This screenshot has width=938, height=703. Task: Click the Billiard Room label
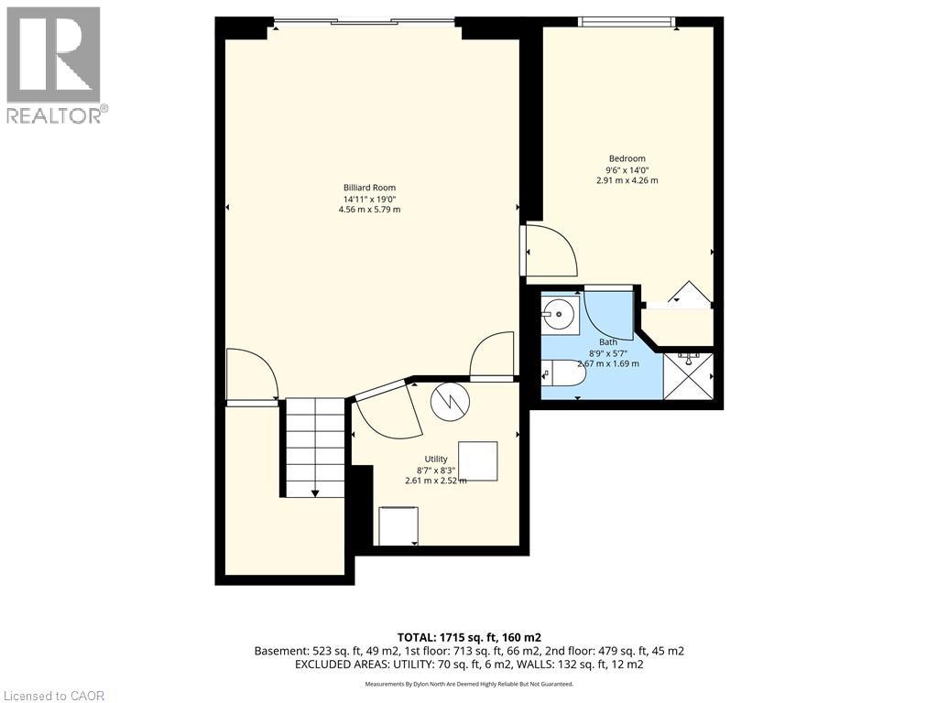pyautogui.click(x=369, y=188)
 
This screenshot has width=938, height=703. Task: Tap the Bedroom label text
pyautogui.click(x=627, y=158)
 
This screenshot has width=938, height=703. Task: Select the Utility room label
pyautogui.click(x=435, y=460)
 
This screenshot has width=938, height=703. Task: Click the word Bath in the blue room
pyautogui.click(x=608, y=342)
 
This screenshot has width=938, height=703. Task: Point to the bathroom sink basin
pyautogui.click(x=560, y=313)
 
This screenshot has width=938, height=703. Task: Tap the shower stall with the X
pyautogui.click(x=689, y=376)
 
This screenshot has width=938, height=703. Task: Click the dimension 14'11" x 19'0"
pyautogui.click(x=369, y=199)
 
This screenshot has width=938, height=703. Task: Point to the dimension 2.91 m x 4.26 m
pyautogui.click(x=627, y=180)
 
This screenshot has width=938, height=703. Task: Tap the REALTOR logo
pyautogui.click(x=57, y=65)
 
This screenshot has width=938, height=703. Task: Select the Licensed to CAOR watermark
pyautogui.click(x=52, y=696)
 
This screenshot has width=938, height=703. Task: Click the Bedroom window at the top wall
pyautogui.click(x=627, y=22)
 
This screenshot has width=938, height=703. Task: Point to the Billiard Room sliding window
pyautogui.click(x=365, y=22)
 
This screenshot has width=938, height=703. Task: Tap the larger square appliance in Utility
pyautogui.click(x=478, y=461)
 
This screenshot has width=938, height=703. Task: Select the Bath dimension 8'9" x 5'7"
pyautogui.click(x=608, y=353)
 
